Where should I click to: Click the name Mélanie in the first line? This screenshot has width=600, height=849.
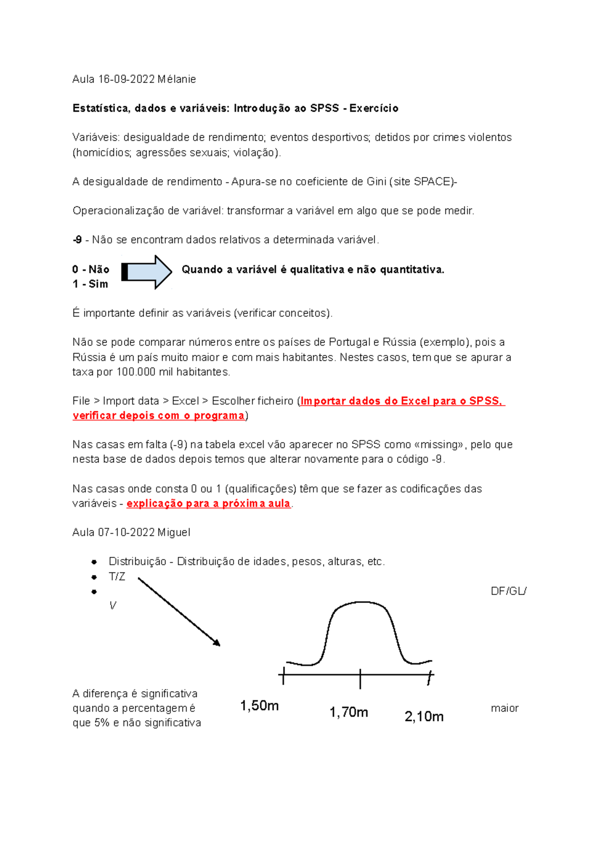[176, 79]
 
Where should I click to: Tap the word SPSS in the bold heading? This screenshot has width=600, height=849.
[324, 108]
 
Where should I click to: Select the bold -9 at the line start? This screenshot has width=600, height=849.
[77, 240]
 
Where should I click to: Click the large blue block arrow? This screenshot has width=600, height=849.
[146, 272]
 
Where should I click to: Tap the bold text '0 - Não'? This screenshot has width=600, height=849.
[90, 269]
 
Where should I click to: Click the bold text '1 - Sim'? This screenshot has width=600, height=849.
[90, 284]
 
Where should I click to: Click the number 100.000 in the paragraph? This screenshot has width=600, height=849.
[136, 372]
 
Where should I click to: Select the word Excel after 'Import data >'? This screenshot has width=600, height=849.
[185, 401]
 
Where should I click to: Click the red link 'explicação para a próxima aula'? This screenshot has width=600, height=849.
[208, 503]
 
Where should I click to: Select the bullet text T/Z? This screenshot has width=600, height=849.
[116, 576]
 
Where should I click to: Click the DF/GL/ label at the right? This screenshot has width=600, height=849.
[508, 591]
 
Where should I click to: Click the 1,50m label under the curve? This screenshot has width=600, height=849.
[259, 705]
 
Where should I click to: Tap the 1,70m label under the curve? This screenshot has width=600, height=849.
[348, 712]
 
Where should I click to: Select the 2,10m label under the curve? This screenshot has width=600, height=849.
[424, 716]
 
